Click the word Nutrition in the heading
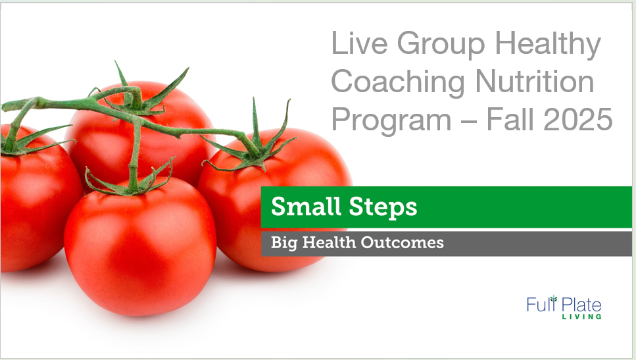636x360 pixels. pyautogui.click(x=535, y=81)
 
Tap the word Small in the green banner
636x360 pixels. pyautogui.click(x=306, y=206)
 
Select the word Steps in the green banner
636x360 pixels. pyautogui.click(x=383, y=207)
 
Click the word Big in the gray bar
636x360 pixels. pyautogui.click(x=284, y=243)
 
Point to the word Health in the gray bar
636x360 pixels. pyautogui.click(x=330, y=242)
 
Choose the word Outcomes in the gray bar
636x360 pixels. pyautogui.click(x=403, y=242)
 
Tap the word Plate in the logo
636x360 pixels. pyautogui.click(x=581, y=305)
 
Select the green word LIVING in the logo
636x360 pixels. pyautogui.click(x=581, y=317)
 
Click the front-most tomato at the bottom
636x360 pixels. pyautogui.click(x=140, y=247)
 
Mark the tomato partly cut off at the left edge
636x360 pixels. pyautogui.click(x=39, y=199)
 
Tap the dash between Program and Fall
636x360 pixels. pyautogui.click(x=469, y=121)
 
